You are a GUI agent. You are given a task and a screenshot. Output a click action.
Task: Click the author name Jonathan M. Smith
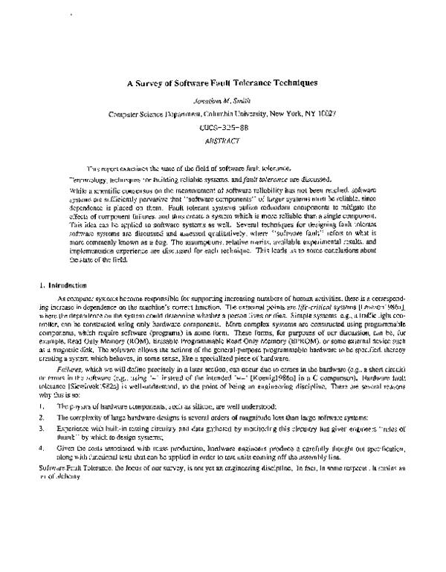tap(223, 100)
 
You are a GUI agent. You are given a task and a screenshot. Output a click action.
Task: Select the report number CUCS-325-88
tap(223, 128)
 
